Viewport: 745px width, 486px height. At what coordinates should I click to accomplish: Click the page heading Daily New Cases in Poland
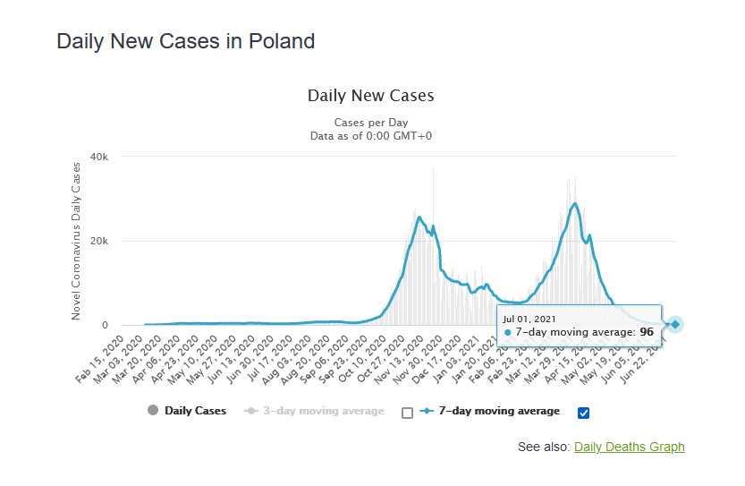point(185,41)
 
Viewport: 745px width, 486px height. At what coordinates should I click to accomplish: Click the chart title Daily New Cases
point(370,96)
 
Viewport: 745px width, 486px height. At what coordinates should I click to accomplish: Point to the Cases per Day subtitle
point(370,122)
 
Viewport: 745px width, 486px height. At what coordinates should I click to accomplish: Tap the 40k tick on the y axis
point(97,157)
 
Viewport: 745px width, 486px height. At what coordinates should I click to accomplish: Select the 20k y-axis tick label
point(97,241)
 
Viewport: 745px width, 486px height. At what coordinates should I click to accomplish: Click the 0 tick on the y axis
point(104,325)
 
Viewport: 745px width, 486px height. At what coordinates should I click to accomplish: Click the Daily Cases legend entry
point(195,411)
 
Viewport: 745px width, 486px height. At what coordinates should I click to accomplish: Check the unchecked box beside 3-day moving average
point(408,413)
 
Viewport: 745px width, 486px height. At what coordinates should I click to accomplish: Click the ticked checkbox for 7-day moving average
point(584,413)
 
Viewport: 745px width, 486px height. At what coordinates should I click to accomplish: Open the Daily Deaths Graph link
point(629,447)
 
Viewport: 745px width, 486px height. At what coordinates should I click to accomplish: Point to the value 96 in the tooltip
point(646,332)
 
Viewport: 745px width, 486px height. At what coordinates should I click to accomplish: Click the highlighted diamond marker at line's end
point(675,324)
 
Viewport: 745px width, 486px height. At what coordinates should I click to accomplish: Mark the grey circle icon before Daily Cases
point(152,411)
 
